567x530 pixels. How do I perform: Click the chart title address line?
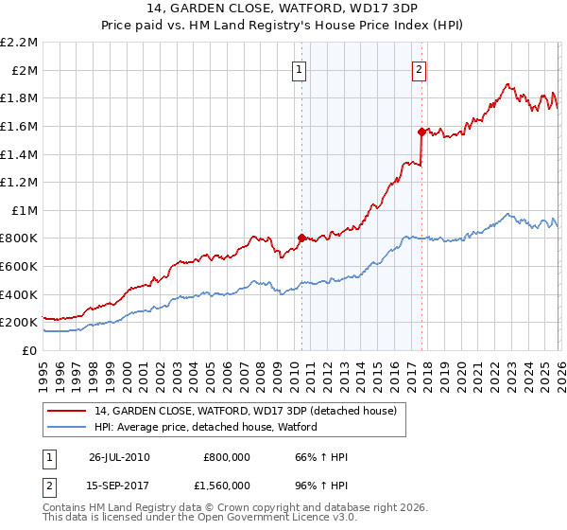pos(283,9)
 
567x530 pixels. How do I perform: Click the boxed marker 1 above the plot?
pos(300,68)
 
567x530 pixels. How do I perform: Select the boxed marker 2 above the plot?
pos(419,68)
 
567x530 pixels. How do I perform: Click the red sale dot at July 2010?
pos(301,238)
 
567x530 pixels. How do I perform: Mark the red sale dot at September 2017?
pos(421,132)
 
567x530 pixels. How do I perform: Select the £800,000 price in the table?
pos(227,457)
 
